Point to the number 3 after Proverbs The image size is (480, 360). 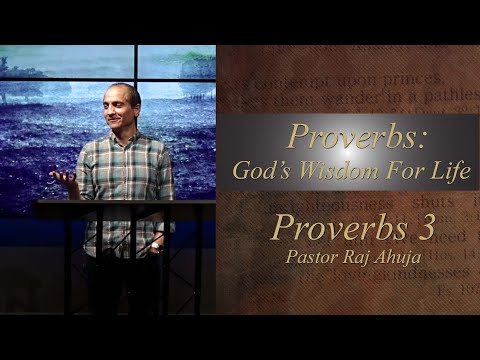pyautogui.click(x=425, y=226)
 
